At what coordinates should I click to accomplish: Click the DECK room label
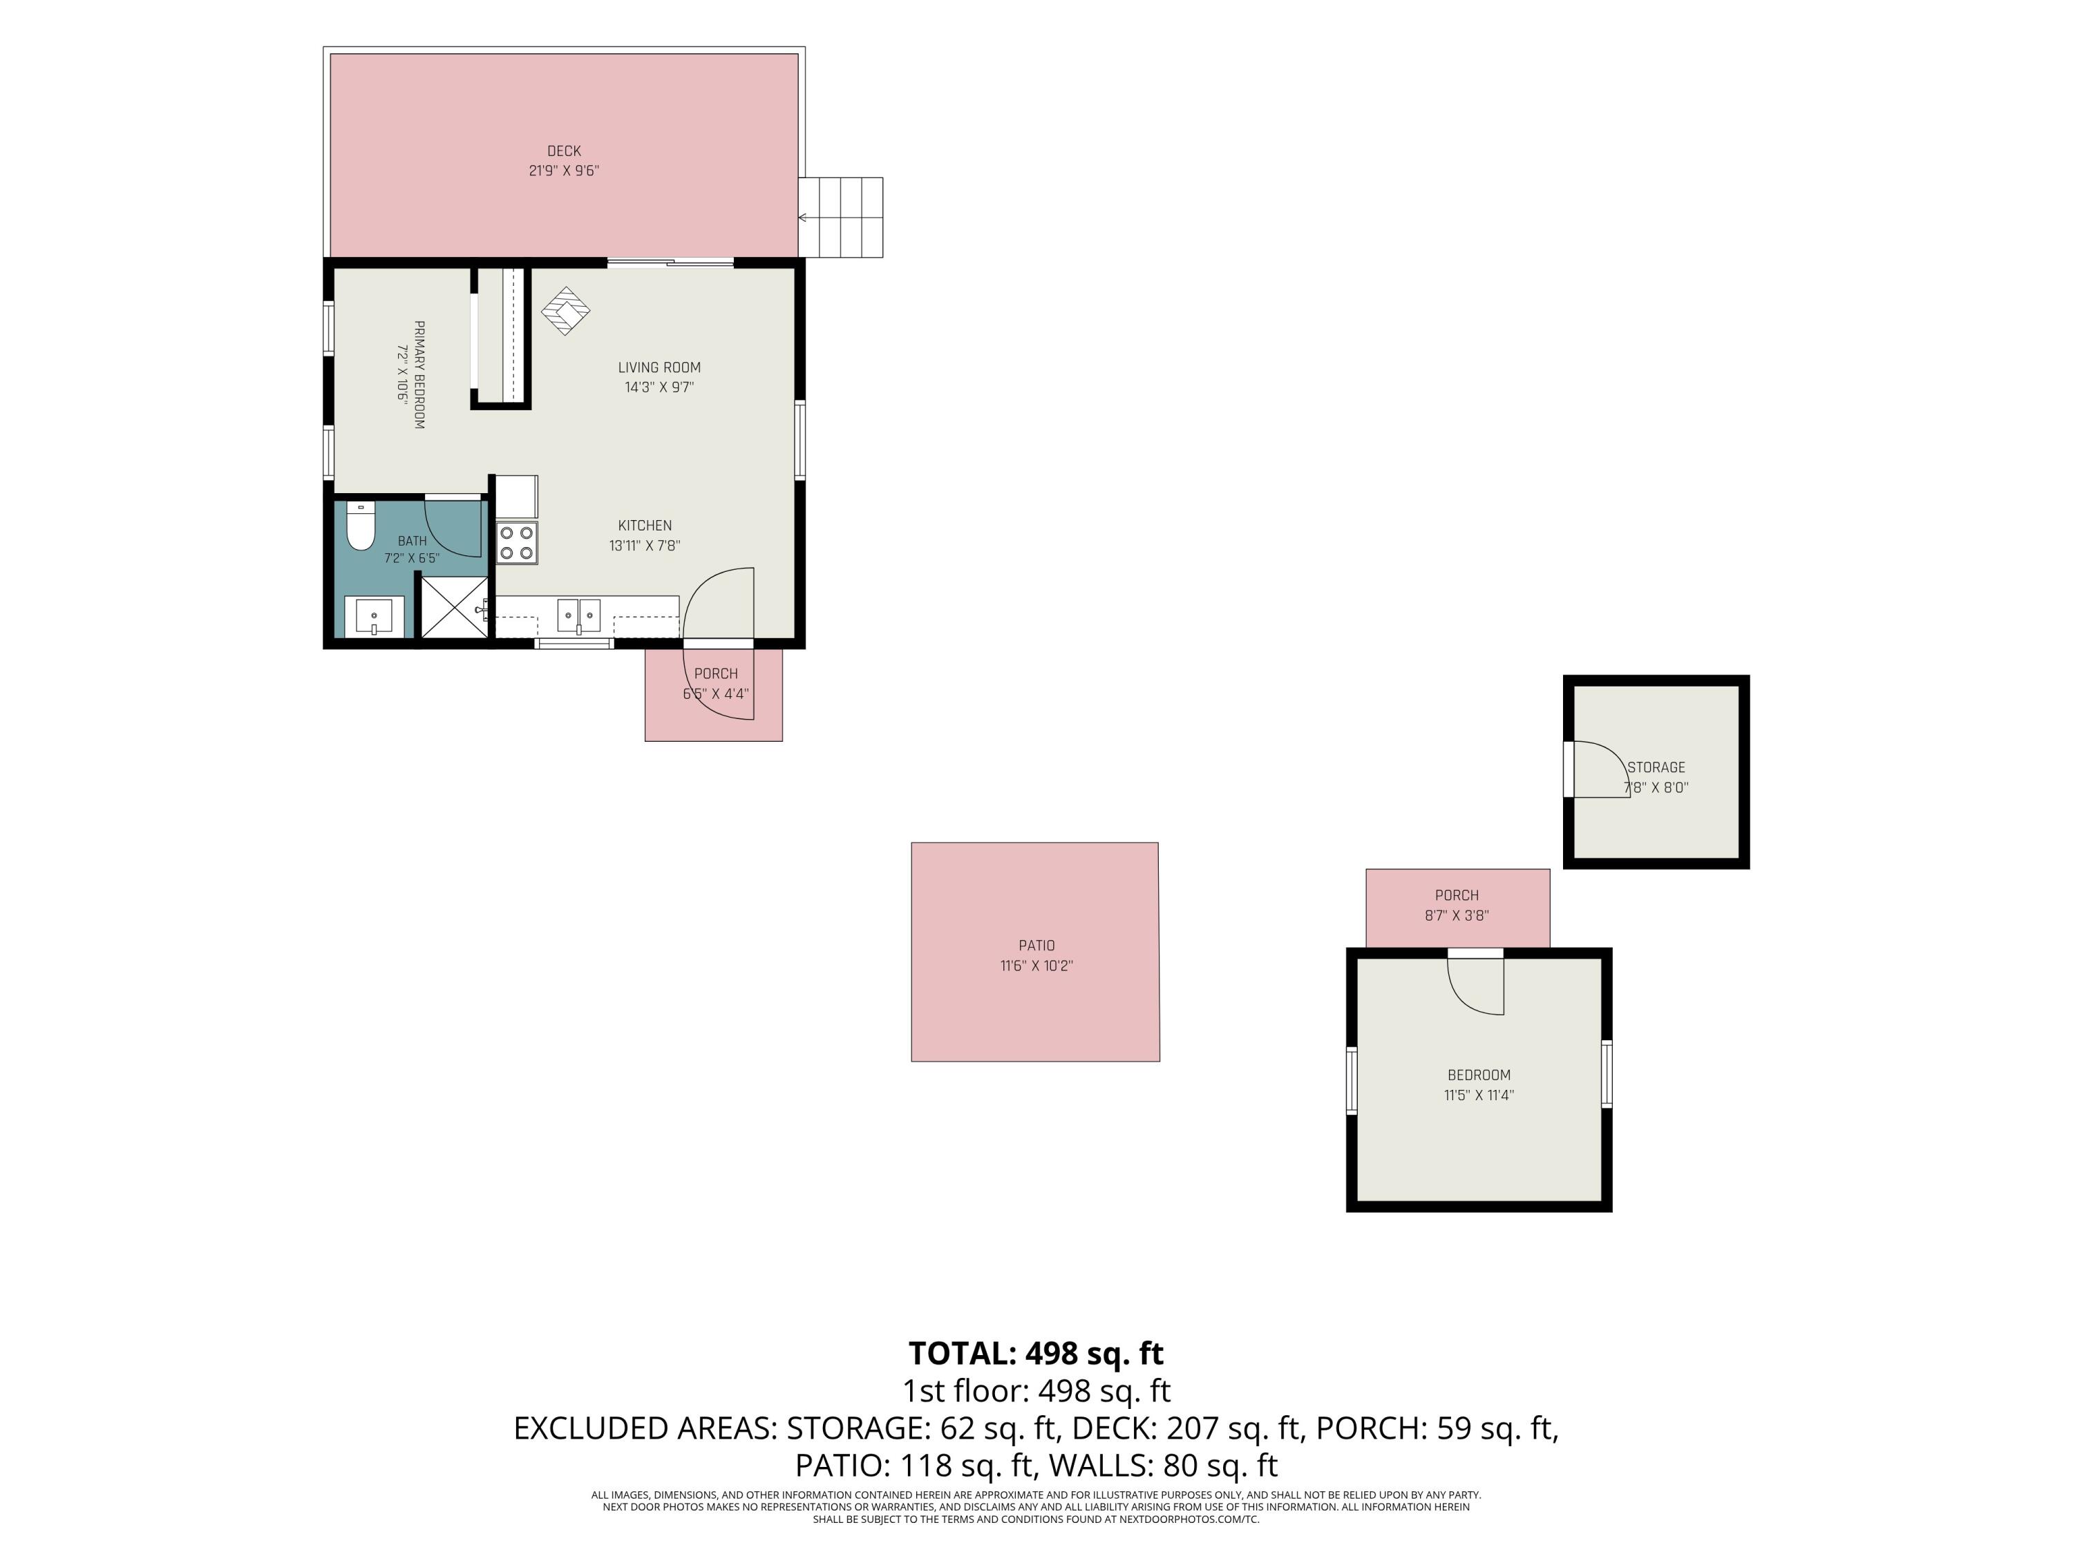(564, 151)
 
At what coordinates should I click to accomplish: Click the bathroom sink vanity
(375, 616)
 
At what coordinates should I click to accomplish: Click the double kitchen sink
(579, 615)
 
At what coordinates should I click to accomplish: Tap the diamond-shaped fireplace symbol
(566, 311)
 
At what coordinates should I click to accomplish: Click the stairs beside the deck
(841, 218)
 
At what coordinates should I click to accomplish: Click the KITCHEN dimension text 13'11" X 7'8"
(645, 545)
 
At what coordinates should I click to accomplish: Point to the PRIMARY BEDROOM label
(419, 374)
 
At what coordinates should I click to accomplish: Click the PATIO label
(1036, 945)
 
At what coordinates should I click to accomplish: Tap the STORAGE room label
(1656, 767)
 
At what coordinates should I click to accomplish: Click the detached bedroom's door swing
(1476, 986)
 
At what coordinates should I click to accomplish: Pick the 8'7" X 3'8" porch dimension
(1457, 915)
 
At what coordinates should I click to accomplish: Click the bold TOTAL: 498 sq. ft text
(1036, 1354)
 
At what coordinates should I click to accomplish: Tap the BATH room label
(413, 541)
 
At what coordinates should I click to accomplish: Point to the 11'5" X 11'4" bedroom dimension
(1479, 1095)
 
